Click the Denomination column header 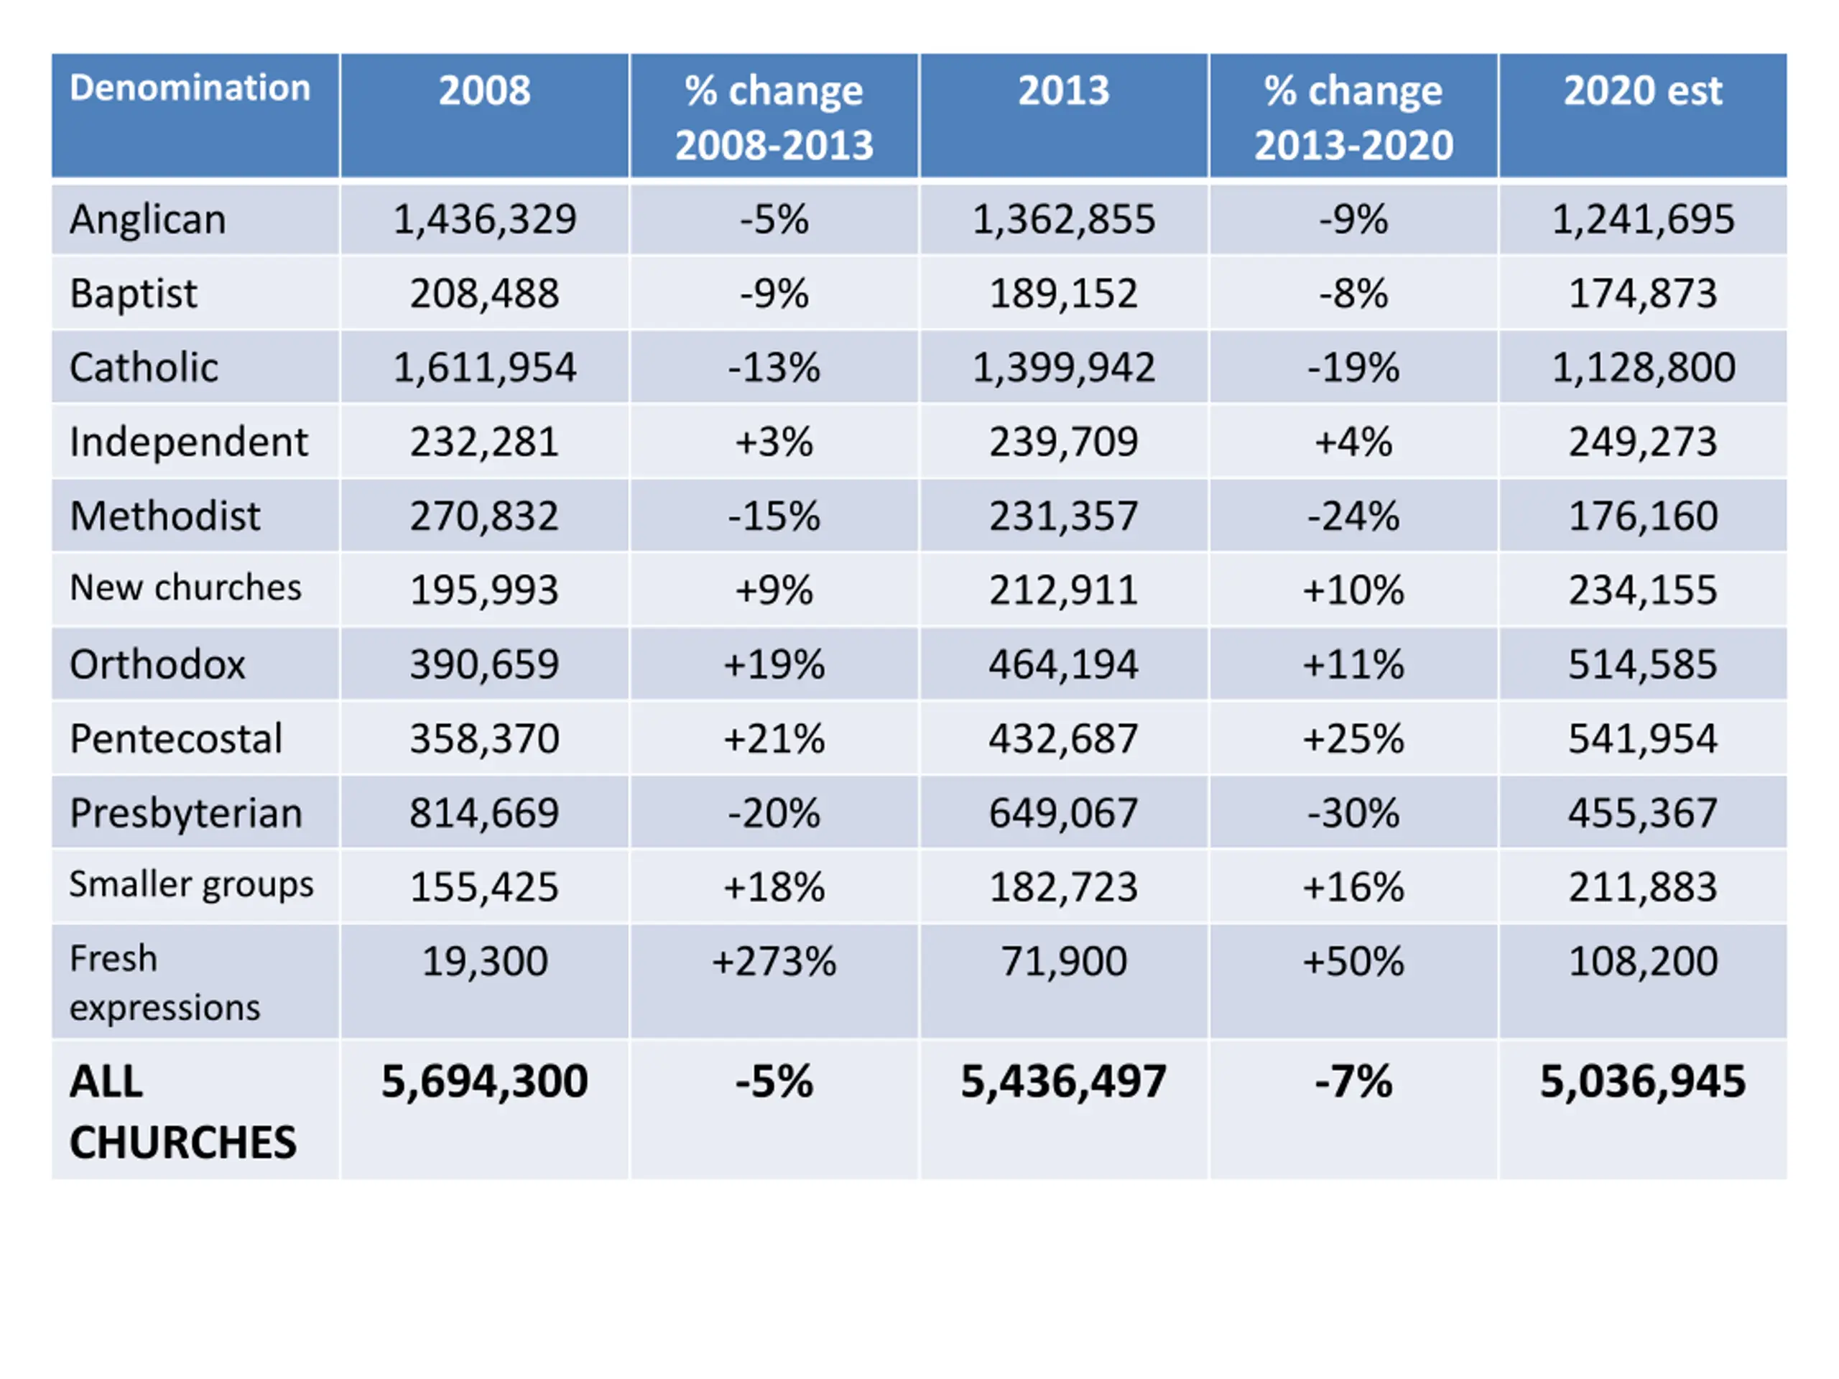(190, 88)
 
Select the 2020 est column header (1643, 90)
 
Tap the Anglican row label (148, 220)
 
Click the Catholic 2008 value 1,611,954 (485, 368)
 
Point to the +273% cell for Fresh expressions (774, 962)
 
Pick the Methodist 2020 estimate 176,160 (1643, 516)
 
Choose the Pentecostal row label (176, 739)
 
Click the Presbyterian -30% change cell (1353, 813)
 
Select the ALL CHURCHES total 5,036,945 (1643, 1082)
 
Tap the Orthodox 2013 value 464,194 (1063, 665)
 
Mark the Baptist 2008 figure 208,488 (485, 294)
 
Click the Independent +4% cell (1353, 442)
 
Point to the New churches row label (185, 588)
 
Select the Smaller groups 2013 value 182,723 (1063, 887)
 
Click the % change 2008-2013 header (774, 117)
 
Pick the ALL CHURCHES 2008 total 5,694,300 (485, 1082)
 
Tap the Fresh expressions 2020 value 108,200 (1643, 962)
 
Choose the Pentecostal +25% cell (1353, 739)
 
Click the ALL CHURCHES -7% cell (1353, 1082)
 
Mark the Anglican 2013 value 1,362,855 (1063, 220)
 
